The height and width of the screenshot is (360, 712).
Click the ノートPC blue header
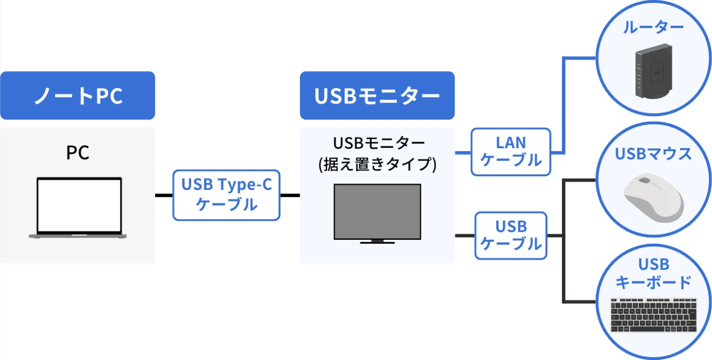(x=77, y=95)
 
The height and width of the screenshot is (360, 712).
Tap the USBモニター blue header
(x=377, y=95)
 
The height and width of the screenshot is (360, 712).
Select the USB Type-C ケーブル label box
(x=226, y=195)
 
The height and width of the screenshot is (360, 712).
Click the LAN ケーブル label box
(x=510, y=152)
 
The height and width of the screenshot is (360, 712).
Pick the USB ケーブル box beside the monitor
(x=510, y=236)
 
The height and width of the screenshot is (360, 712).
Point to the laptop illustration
(x=78, y=208)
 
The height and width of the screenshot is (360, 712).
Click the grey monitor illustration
(x=377, y=214)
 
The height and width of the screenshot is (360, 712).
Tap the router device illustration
(x=654, y=71)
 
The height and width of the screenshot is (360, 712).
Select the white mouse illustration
(x=654, y=198)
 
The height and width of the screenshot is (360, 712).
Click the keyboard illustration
(x=654, y=315)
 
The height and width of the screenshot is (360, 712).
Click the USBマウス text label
(x=653, y=154)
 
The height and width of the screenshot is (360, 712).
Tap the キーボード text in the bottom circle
(x=653, y=282)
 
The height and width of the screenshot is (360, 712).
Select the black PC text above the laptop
(x=77, y=152)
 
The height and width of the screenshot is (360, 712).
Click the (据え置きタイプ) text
(x=377, y=164)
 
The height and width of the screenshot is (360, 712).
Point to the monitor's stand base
(x=377, y=243)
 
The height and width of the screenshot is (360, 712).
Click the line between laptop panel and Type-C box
(x=164, y=195)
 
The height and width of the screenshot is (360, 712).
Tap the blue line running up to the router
(x=563, y=105)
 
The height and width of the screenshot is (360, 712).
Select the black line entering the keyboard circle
(x=579, y=302)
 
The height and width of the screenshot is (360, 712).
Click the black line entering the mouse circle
(x=579, y=180)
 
